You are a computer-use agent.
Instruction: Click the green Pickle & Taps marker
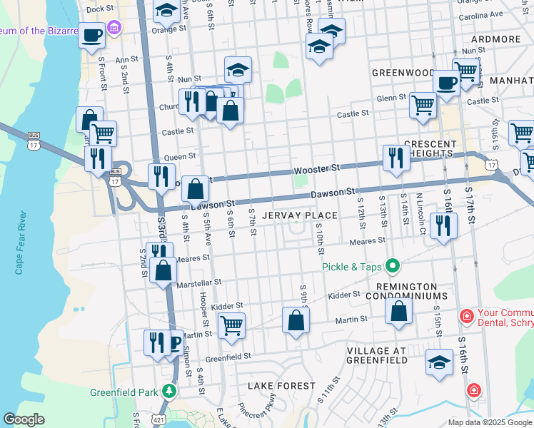coord(392,267)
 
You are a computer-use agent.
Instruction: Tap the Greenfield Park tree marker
coord(168,392)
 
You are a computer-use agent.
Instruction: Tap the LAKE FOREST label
coord(281,386)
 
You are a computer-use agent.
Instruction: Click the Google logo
coord(24,419)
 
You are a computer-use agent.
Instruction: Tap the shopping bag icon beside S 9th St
coord(296,320)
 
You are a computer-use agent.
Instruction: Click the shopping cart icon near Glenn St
coord(423,105)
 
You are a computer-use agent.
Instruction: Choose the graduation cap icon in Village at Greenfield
coord(439,361)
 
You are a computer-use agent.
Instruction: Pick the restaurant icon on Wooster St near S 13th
coord(395,158)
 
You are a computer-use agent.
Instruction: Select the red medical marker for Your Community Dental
coord(467,315)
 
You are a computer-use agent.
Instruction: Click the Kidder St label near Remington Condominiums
coord(344,295)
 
